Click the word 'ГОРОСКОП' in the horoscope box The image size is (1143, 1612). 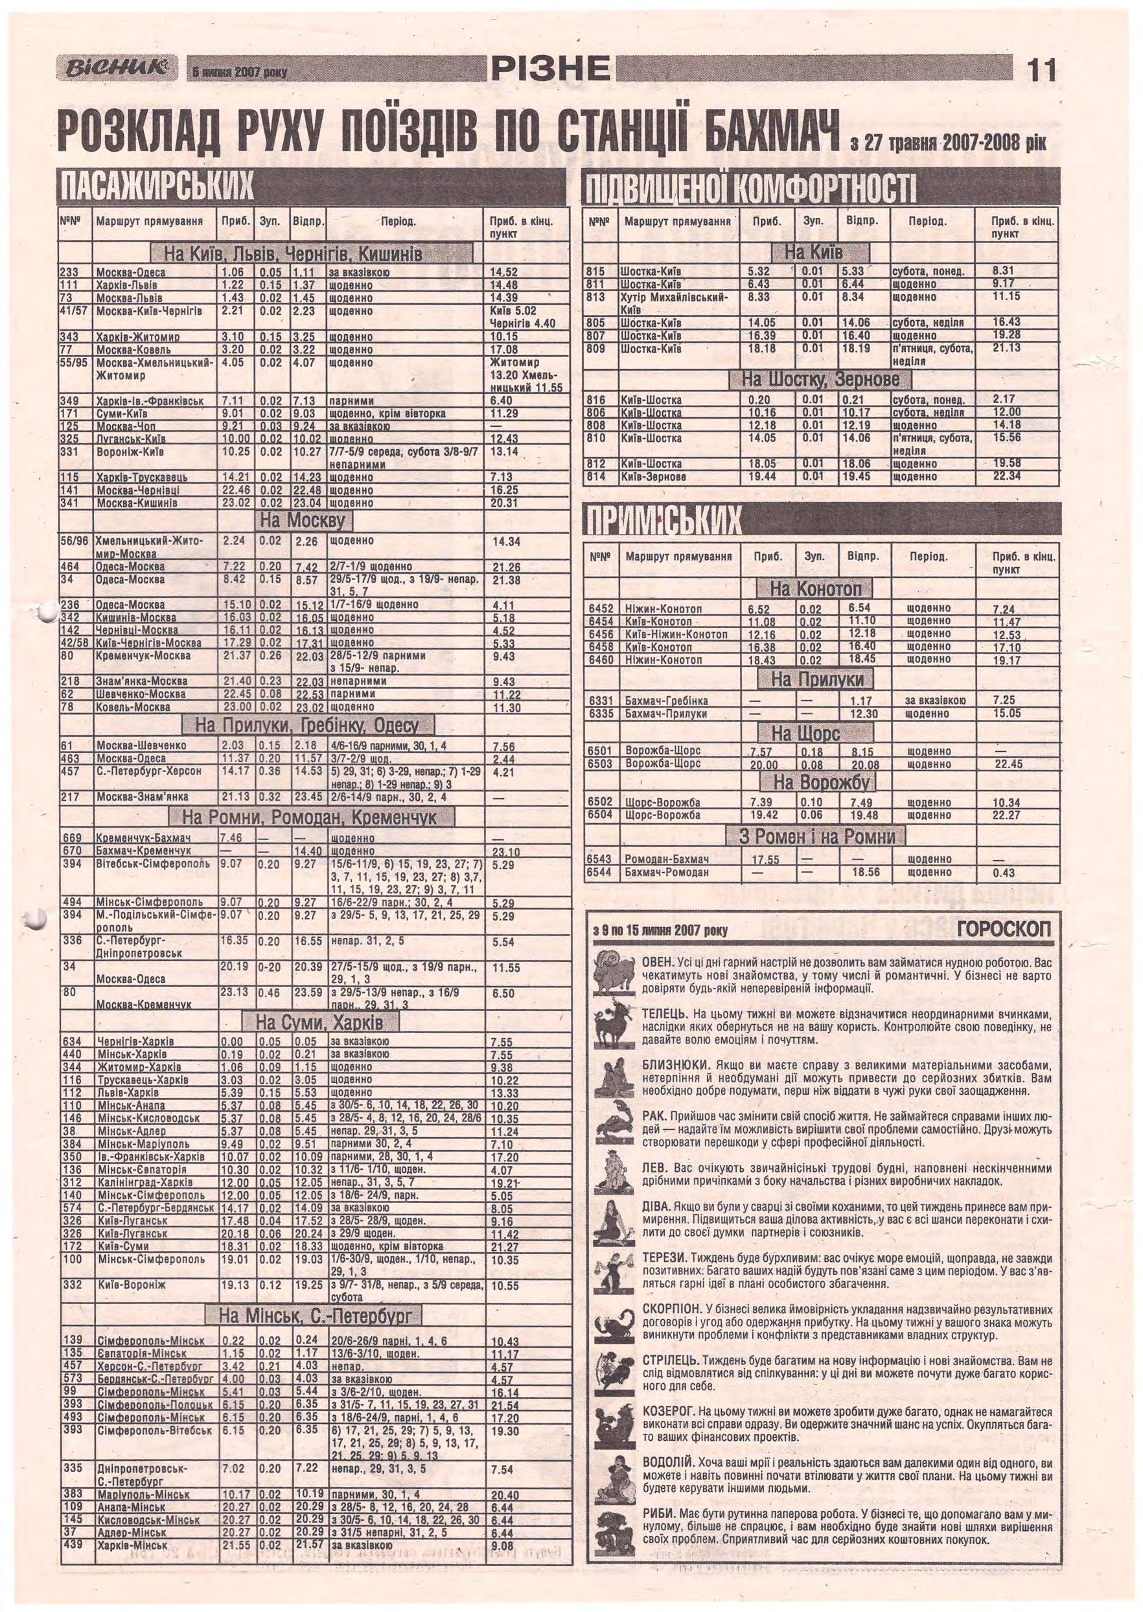point(1003,931)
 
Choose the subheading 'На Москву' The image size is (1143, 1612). point(303,522)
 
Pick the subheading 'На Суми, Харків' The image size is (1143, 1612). point(319,1022)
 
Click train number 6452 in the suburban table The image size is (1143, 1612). point(601,608)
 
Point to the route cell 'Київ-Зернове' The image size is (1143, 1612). point(652,476)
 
